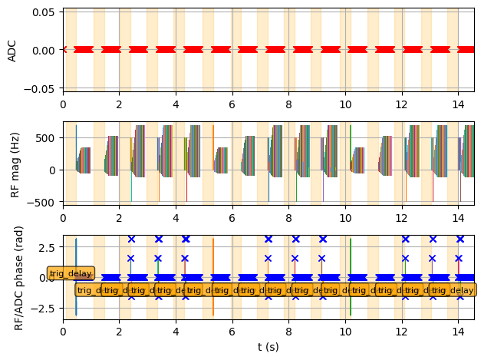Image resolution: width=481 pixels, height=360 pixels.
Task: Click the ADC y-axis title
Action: pyautogui.click(x=12, y=50)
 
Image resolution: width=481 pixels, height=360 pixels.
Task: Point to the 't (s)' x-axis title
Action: pyautogui.click(x=269, y=347)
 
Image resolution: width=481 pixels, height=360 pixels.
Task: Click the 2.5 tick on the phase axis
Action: pyautogui.click(x=49, y=248)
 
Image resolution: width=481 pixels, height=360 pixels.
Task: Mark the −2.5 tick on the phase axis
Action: pyautogui.click(x=46, y=308)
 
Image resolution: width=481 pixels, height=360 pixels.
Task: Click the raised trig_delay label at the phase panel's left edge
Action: pyautogui.click(x=70, y=273)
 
